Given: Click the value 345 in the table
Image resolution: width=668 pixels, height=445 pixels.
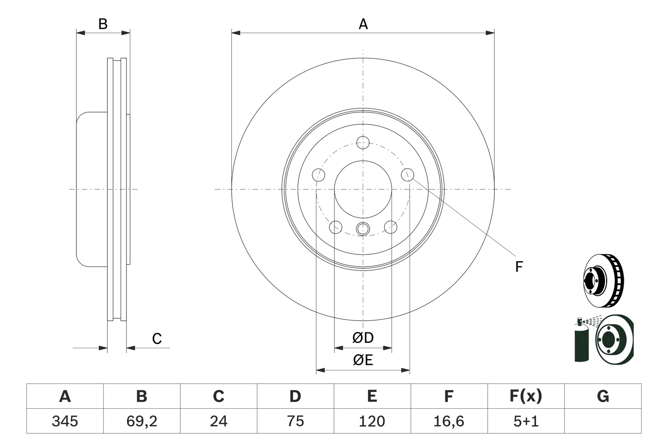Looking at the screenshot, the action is (x=65, y=421).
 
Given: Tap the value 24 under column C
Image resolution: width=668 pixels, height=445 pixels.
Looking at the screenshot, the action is (x=219, y=421).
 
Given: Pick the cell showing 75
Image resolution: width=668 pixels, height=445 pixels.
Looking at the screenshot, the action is (x=295, y=421).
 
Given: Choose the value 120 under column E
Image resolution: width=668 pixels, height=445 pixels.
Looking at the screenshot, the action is (x=372, y=421).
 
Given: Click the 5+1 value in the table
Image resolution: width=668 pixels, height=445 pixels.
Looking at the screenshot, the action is (x=526, y=421).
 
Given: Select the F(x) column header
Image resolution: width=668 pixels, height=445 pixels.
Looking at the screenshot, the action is (x=526, y=396).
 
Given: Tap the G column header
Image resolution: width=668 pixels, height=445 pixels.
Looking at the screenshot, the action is (x=603, y=396).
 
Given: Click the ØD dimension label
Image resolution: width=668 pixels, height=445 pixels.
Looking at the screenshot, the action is (x=363, y=338).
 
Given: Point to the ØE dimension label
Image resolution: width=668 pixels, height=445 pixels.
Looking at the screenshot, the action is (x=363, y=360).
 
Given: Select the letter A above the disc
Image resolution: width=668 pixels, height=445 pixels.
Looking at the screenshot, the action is (x=363, y=24).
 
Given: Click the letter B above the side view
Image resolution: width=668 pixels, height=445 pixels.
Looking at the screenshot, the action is (x=103, y=24).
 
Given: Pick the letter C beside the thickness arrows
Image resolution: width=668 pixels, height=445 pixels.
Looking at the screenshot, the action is (x=157, y=339).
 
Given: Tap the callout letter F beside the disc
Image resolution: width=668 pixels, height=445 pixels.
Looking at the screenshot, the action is (x=519, y=266).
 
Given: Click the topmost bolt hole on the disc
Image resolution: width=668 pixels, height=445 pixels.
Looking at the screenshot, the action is (x=363, y=142).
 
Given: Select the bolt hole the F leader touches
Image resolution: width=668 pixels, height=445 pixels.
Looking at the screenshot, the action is (x=407, y=175).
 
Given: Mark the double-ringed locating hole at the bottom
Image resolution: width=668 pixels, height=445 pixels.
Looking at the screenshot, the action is (x=363, y=229).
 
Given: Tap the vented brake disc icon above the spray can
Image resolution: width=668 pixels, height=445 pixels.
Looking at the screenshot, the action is (x=604, y=281).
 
